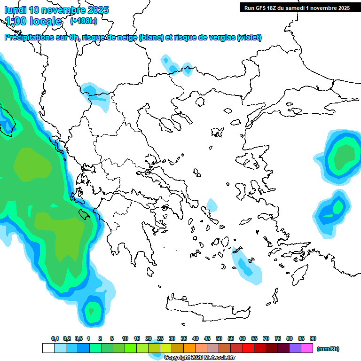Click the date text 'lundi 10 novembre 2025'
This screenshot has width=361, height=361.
click(56, 10)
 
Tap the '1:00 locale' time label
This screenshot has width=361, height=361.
click(33, 21)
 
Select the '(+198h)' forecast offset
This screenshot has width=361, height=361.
click(84, 21)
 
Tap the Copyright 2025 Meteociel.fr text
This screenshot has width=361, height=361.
click(199, 358)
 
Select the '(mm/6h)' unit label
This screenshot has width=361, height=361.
click(328, 349)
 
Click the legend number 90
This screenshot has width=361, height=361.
click(313, 338)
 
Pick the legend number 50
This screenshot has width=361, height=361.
click(219, 338)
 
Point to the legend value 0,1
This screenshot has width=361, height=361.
click(55, 338)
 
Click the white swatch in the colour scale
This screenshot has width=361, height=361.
click(48, 348)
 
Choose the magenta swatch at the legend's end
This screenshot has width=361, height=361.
click(307, 348)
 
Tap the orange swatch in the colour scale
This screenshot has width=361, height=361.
click(189, 348)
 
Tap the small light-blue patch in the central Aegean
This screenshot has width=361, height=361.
click(212, 205)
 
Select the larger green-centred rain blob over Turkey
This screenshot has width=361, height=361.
click(342, 157)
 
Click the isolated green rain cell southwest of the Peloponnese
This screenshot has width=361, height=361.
click(93, 311)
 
